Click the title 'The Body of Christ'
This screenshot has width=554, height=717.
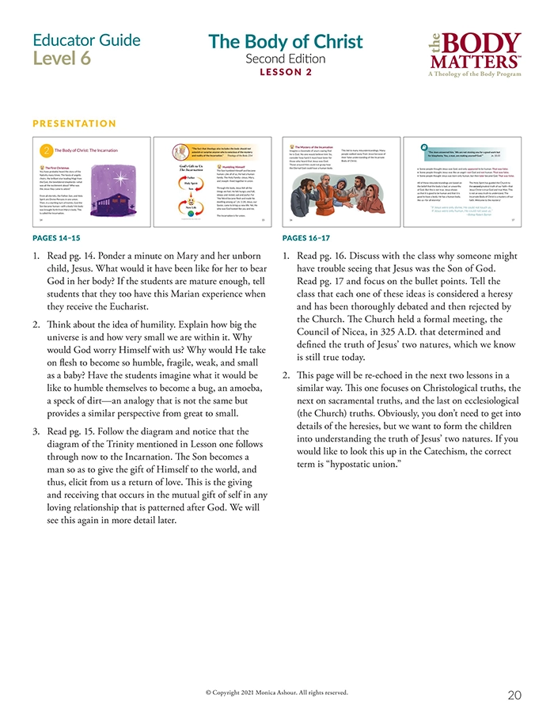[286, 42]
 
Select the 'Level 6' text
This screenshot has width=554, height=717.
[62, 59]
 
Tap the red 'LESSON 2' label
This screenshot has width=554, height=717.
[286, 72]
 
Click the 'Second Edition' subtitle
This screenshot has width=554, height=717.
[286, 59]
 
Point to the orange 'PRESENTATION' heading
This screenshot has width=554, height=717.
[74, 123]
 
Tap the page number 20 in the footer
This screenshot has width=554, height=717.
[514, 695]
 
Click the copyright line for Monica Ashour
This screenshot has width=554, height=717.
[276, 692]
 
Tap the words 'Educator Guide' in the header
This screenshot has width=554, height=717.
[86, 40]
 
